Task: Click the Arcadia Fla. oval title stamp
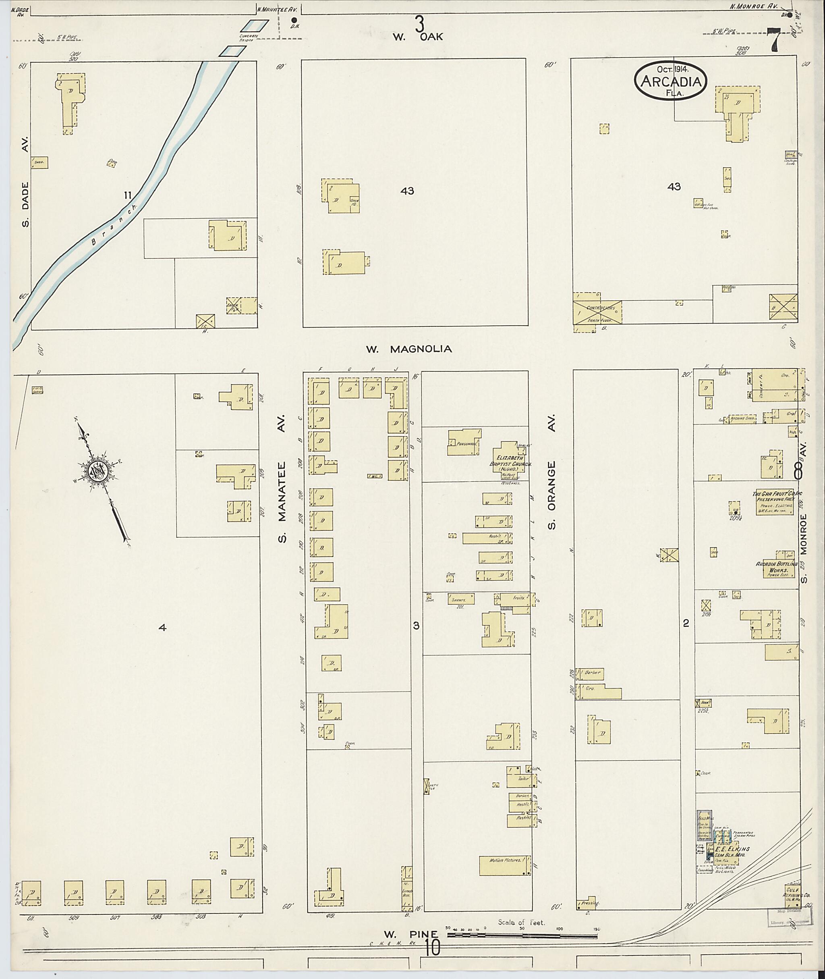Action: coord(671,81)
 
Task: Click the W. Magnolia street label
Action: coord(409,349)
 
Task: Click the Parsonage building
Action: coord(462,442)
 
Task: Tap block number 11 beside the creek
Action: coord(128,195)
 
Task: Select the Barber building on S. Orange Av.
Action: coord(589,673)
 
